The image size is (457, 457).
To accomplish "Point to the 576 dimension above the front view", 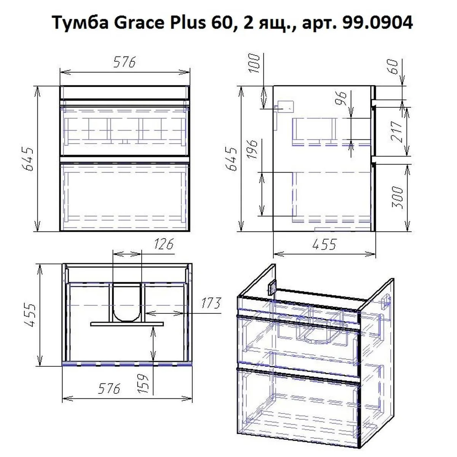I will coord(125,62).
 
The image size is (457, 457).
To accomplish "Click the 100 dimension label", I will coord(255,63).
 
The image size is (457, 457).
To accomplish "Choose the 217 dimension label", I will coord(397,132).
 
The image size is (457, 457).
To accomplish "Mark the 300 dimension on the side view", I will coord(397,197).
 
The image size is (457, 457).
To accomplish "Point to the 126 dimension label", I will coord(164,244).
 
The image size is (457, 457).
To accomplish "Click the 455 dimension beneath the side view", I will coord(324,244).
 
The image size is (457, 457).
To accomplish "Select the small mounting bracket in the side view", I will coord(285,107).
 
